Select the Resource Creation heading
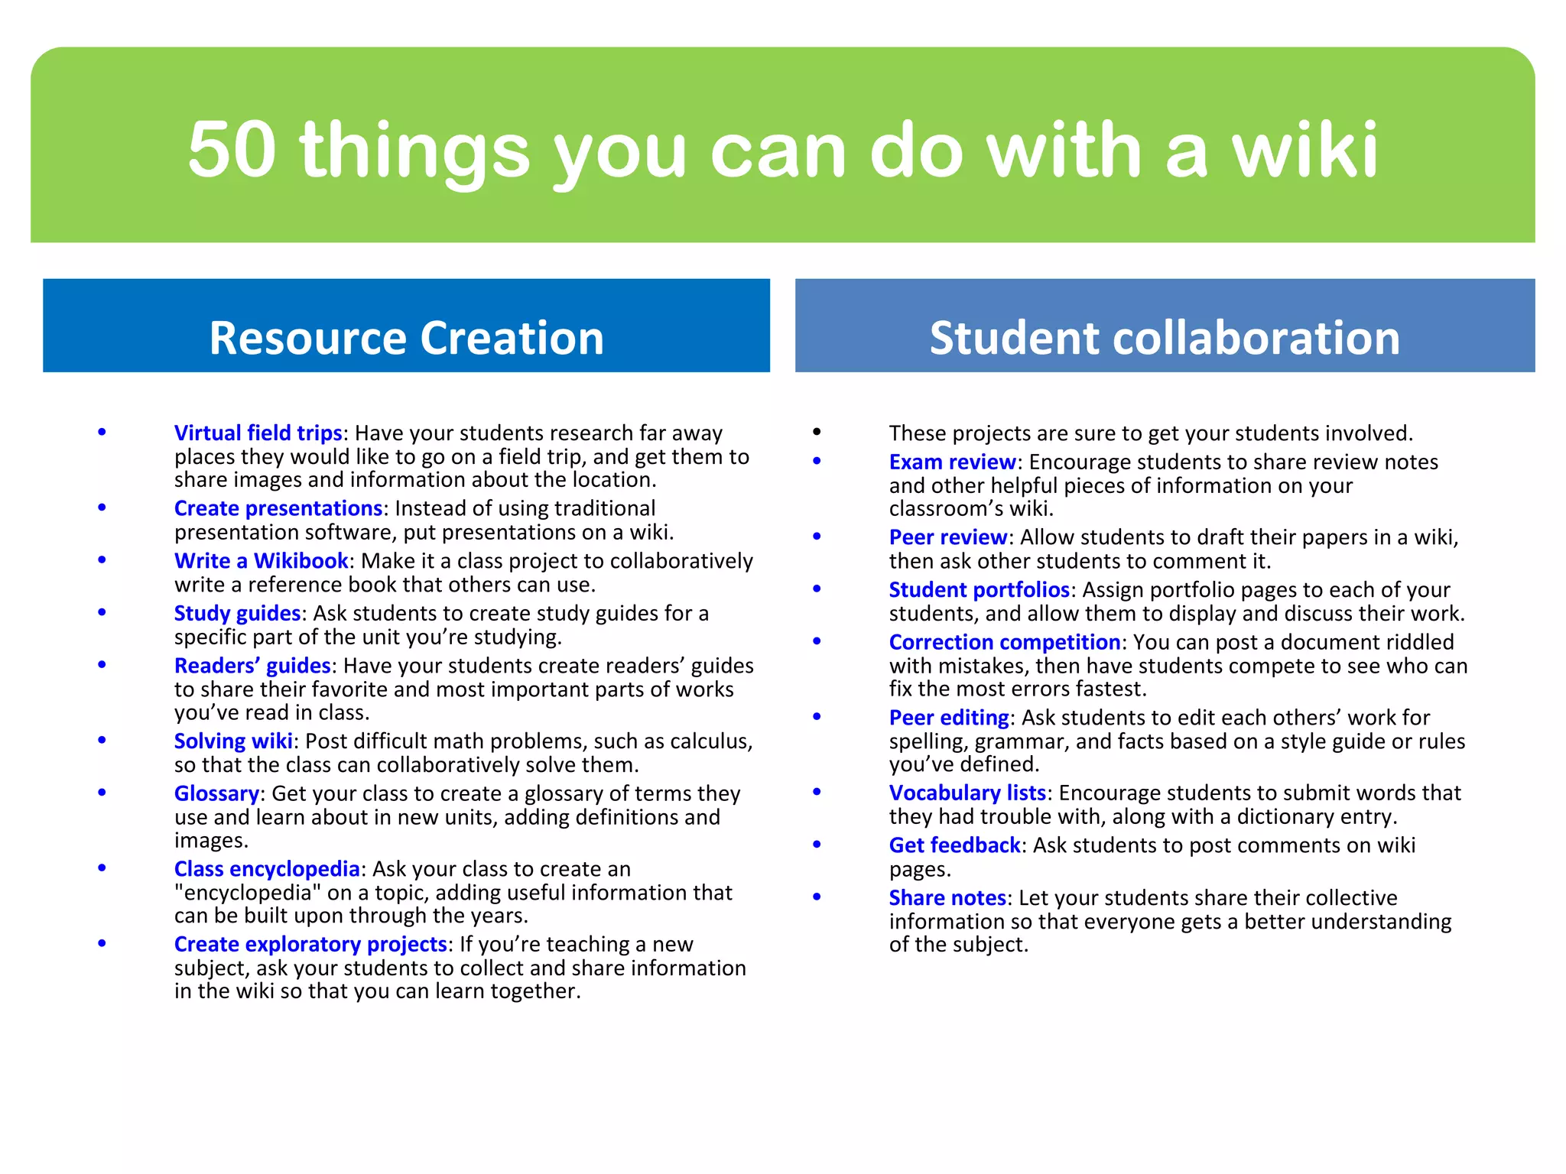(406, 337)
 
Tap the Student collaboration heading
(1164, 337)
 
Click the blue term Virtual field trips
(258, 433)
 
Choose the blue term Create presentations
(278, 508)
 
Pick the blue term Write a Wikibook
(261, 561)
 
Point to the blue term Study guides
(237, 613)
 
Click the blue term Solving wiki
(233, 741)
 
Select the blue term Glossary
(216, 793)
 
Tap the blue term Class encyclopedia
(266, 869)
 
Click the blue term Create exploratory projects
(310, 944)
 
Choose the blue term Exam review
(952, 462)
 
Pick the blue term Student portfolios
(979, 590)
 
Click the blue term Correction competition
(1004, 642)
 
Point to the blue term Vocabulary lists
(967, 793)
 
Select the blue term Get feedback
(954, 845)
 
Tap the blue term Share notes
(947, 897)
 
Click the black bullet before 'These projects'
(817, 432)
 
